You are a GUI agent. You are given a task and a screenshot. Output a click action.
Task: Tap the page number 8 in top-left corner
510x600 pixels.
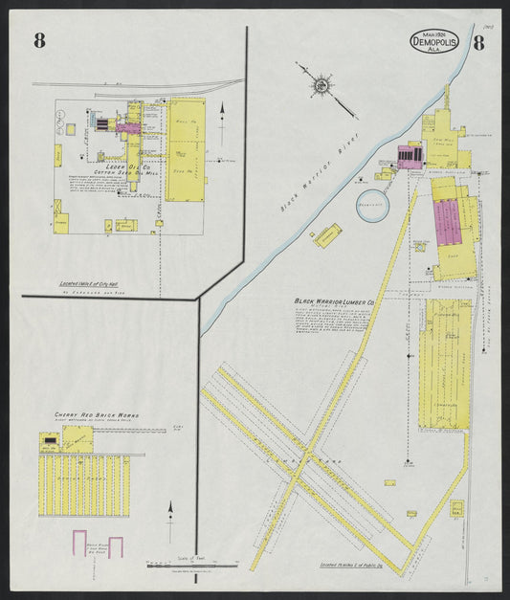tap(39, 40)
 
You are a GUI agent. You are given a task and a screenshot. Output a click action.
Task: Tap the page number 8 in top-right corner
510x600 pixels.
tap(477, 41)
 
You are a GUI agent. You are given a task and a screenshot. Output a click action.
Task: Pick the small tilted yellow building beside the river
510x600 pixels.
tap(327, 234)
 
